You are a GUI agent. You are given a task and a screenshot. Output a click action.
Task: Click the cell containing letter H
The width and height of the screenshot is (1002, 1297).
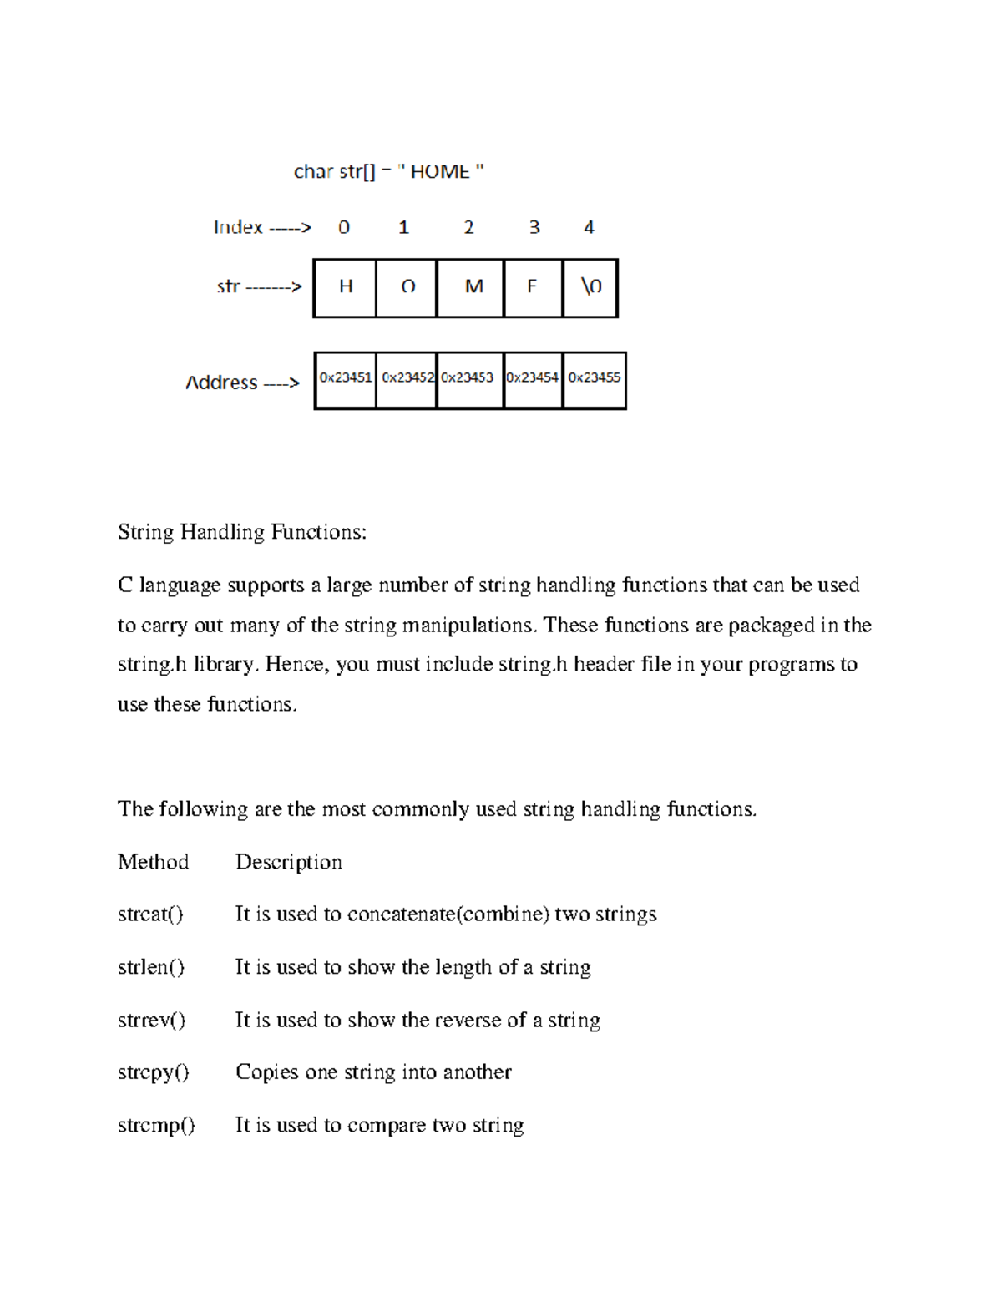[x=345, y=287]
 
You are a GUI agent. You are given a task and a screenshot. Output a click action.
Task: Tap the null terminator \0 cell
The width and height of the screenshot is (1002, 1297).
[x=590, y=287]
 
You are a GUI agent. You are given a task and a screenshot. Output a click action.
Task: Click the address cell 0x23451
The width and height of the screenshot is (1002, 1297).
[x=345, y=379]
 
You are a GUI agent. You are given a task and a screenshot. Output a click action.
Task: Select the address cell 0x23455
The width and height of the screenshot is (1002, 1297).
[x=595, y=379]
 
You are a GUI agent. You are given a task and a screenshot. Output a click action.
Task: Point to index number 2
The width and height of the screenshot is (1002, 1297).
[x=468, y=227]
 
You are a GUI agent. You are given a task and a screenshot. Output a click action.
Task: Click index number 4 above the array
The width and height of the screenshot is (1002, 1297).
[x=589, y=227]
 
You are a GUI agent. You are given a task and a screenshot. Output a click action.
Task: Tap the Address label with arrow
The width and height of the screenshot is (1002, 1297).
[x=242, y=383]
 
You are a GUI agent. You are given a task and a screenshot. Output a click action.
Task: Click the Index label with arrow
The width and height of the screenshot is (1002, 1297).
[x=262, y=227]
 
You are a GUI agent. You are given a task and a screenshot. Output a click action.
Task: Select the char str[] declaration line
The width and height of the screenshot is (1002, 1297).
[x=388, y=171]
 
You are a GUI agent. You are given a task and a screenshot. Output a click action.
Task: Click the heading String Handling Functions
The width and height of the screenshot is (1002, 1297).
[x=242, y=532]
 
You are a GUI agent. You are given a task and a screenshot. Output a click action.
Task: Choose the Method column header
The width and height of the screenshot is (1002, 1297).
[x=153, y=862]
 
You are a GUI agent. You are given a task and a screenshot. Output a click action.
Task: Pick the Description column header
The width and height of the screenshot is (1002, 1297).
[x=289, y=862]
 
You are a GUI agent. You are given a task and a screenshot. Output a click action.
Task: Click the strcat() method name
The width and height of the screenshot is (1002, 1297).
[x=150, y=914]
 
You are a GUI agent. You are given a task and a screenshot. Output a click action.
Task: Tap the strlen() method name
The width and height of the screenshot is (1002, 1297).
[x=151, y=967]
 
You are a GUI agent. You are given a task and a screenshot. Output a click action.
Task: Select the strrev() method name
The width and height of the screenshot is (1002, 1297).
[x=152, y=1020]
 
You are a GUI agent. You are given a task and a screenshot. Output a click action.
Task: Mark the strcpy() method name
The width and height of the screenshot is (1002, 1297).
[x=154, y=1072]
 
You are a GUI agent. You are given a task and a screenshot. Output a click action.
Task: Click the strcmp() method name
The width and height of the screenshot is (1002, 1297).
[x=156, y=1125]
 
